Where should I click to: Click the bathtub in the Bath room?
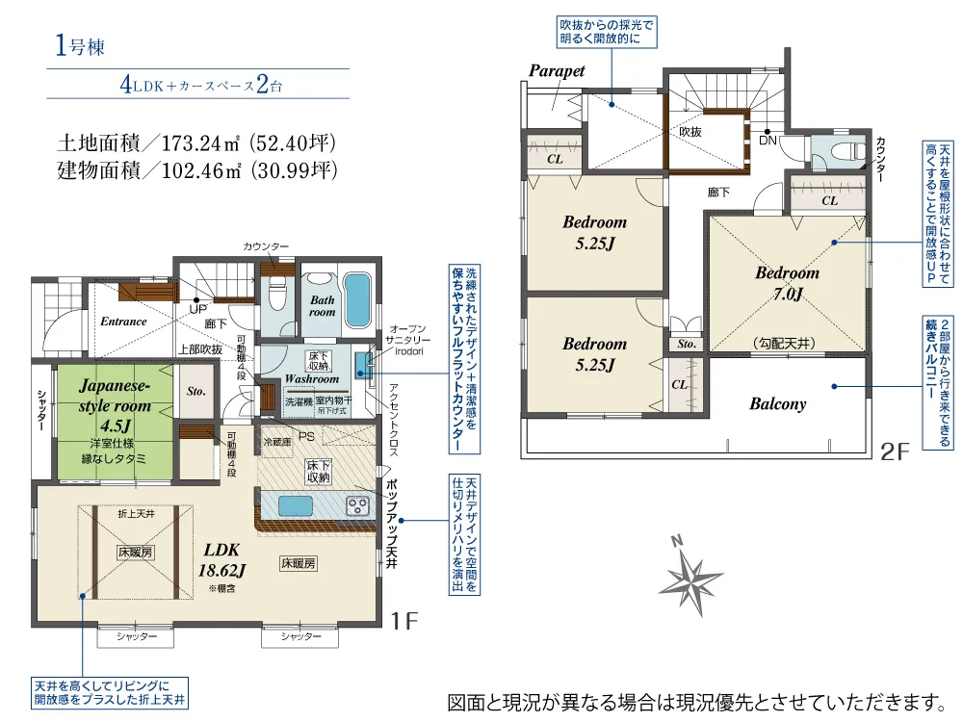(357, 299)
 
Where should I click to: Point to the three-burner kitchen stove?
(358, 506)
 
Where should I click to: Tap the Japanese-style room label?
(115, 396)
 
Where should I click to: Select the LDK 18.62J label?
(221, 560)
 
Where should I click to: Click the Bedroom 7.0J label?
(788, 283)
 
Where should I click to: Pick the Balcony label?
(777, 403)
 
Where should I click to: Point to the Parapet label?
(557, 71)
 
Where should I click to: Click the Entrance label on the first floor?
(123, 322)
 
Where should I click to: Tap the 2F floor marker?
(895, 451)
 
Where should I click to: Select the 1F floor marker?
(404, 621)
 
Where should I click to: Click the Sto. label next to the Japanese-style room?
(195, 391)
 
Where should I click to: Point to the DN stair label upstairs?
(768, 141)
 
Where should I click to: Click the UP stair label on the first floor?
(197, 309)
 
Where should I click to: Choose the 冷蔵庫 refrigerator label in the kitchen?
(277, 442)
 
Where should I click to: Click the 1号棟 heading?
(80, 45)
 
